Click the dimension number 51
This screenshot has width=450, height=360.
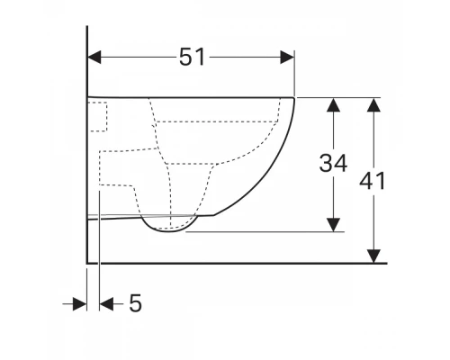pyautogui.click(x=192, y=57)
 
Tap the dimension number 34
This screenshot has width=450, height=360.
pyautogui.click(x=333, y=163)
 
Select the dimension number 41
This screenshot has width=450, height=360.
pyautogui.click(x=372, y=181)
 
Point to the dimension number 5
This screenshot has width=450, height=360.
pyautogui.click(x=135, y=303)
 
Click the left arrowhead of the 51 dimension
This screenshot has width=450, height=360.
pyautogui.click(x=94, y=57)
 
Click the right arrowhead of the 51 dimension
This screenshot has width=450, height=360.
pyautogui.click(x=287, y=57)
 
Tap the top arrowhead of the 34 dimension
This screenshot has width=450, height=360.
pyautogui.click(x=333, y=105)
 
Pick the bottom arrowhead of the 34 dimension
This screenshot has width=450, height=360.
pyautogui.click(x=333, y=225)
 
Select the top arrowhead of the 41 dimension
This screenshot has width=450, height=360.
pyautogui.click(x=373, y=105)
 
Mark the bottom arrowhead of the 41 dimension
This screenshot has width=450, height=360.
pyautogui.click(x=373, y=256)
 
